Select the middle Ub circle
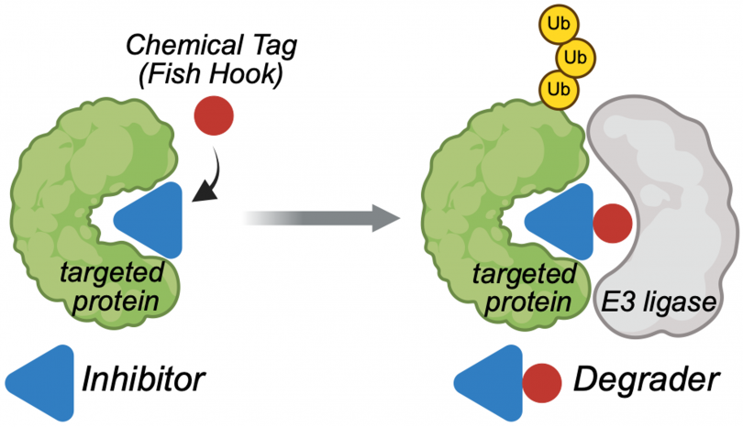(576, 57)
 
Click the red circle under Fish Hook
(215, 118)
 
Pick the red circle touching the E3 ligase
(611, 223)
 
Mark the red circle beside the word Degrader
(542, 382)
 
